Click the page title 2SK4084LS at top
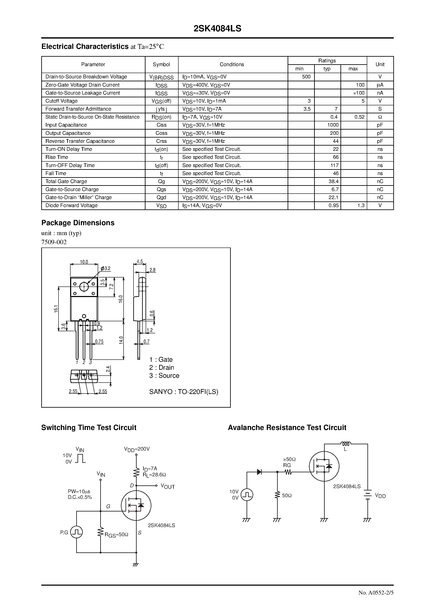[x=217, y=28]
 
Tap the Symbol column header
[x=161, y=64]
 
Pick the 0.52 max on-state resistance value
[x=359, y=117]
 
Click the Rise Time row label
[x=57, y=157]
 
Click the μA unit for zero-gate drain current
[x=380, y=85]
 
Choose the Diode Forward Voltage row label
[x=71, y=206]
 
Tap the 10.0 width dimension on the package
[x=84, y=262]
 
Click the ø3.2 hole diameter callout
[x=105, y=268]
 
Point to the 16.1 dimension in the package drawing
[x=56, y=309]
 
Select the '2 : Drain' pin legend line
[x=162, y=368]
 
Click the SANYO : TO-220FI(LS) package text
[x=184, y=392]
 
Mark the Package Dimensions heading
[x=78, y=223]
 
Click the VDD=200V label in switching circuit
[x=137, y=449]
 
